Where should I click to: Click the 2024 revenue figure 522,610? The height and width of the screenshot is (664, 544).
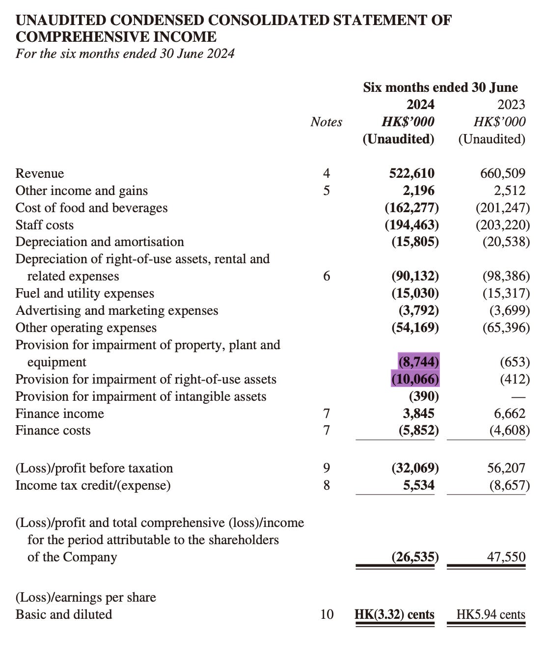411,173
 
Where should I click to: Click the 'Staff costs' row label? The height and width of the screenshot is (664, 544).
44,225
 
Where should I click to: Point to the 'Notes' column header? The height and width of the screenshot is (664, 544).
326,122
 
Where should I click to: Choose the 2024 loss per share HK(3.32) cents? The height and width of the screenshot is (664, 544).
394,614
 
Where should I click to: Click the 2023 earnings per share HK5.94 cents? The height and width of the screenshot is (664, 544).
490,614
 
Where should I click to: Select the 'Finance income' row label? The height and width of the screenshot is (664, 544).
59,414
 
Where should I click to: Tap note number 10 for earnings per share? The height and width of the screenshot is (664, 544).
326,614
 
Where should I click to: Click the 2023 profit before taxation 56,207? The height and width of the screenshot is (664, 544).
506,468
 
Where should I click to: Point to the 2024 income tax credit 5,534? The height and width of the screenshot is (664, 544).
418,485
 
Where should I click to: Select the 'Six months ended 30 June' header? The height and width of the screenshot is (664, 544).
440,87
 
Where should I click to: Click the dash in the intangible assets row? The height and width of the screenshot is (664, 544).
518,397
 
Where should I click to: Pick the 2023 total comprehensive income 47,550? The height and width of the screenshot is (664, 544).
506,557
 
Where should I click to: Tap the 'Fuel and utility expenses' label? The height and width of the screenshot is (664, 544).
84,293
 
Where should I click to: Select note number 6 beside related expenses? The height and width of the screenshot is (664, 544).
326,276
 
